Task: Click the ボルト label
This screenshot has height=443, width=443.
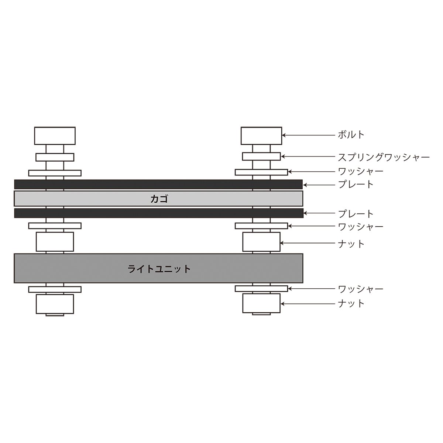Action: coord(351,135)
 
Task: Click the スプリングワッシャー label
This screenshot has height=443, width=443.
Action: coord(384,157)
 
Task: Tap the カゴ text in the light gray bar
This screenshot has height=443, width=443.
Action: coord(159,199)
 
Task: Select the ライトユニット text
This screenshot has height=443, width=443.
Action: coord(159,269)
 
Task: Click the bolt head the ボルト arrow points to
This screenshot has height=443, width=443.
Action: coord(261,136)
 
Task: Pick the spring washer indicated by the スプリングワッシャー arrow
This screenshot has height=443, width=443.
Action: coord(261,157)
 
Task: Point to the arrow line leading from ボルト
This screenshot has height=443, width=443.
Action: coord(308,135)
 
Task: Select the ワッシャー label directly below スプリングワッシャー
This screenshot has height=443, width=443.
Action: coord(360,171)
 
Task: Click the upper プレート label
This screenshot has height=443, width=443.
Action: coord(356,184)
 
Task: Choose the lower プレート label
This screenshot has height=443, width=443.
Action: coord(356,214)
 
